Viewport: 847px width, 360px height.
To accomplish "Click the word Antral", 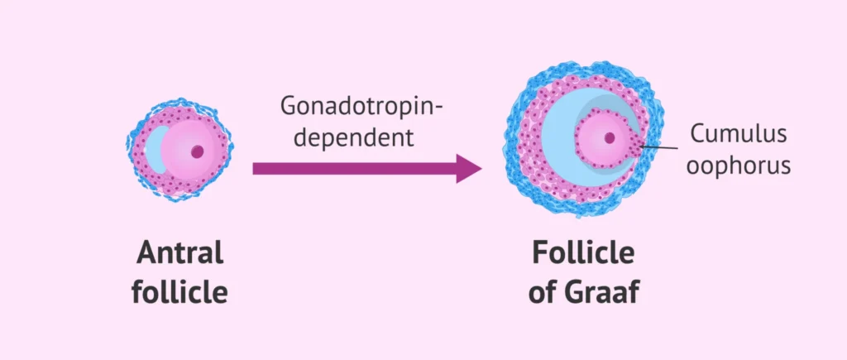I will point(179,253).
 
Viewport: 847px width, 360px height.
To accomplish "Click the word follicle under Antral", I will point(179,291).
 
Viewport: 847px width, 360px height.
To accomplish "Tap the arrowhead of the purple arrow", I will point(468,168).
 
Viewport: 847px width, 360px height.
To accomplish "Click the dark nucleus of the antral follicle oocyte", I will point(197,151).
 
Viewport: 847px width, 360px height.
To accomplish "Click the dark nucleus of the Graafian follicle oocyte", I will point(610,138).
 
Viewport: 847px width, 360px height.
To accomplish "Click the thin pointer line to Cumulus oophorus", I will point(662,148).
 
